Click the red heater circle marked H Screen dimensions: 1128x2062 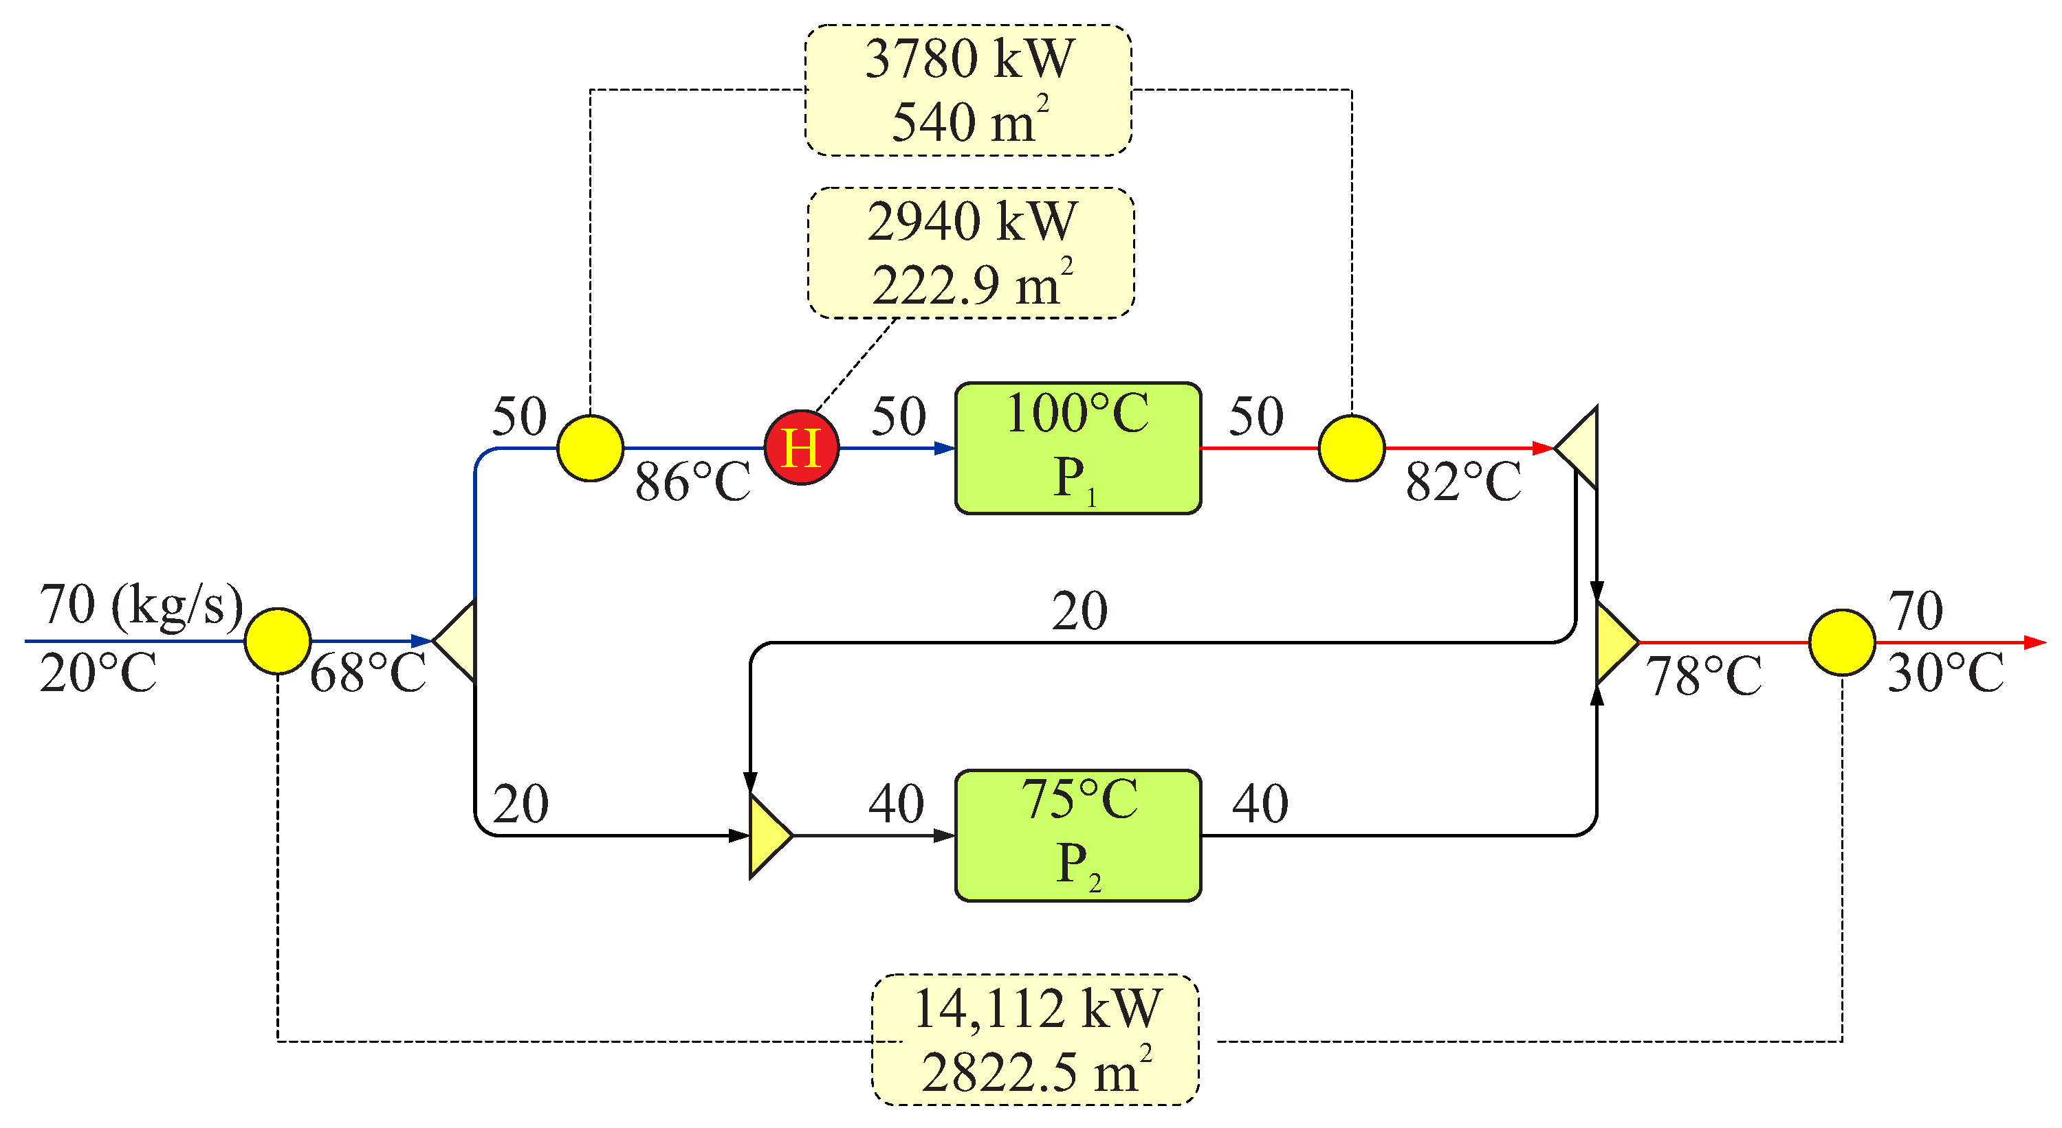801,447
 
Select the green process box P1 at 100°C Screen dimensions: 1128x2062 1077,448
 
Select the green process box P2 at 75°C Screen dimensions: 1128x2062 1077,835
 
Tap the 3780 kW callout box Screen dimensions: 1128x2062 968,89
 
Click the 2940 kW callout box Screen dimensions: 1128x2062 971,253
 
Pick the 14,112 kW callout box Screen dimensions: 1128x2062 1035,1039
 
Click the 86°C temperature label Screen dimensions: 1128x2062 693,482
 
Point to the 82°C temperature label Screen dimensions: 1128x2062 1463,482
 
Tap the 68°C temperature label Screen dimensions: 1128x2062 369,674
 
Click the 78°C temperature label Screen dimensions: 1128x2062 1703,677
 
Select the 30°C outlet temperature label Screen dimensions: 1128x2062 1945,674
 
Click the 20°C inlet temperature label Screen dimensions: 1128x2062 98,674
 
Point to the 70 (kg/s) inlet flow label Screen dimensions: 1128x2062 141,606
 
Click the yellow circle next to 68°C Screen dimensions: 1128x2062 277,641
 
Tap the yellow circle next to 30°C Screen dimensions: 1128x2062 1842,642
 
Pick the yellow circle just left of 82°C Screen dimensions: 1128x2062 1351,448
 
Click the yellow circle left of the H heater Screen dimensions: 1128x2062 590,448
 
